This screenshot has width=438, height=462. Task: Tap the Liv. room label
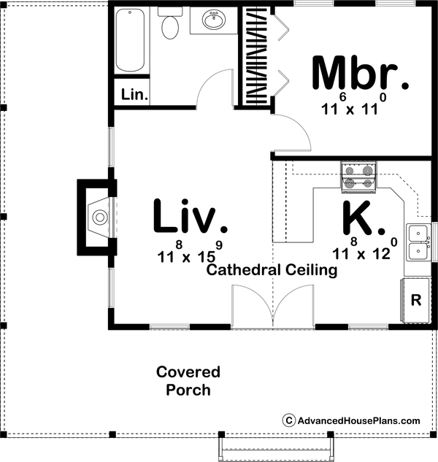[187, 217]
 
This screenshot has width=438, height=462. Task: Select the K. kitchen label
[363, 217]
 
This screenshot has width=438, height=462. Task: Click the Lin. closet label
[134, 95]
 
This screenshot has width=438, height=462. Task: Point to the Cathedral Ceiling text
[272, 271]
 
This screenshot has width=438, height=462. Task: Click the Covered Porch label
[188, 381]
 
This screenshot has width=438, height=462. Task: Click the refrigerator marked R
[416, 300]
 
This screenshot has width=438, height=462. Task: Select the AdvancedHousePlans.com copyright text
[351, 420]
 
